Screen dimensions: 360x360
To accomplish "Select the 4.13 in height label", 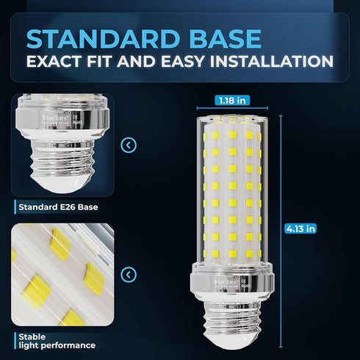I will (x=300, y=228).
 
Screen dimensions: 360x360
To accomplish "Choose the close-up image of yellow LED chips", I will (x=62, y=276).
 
